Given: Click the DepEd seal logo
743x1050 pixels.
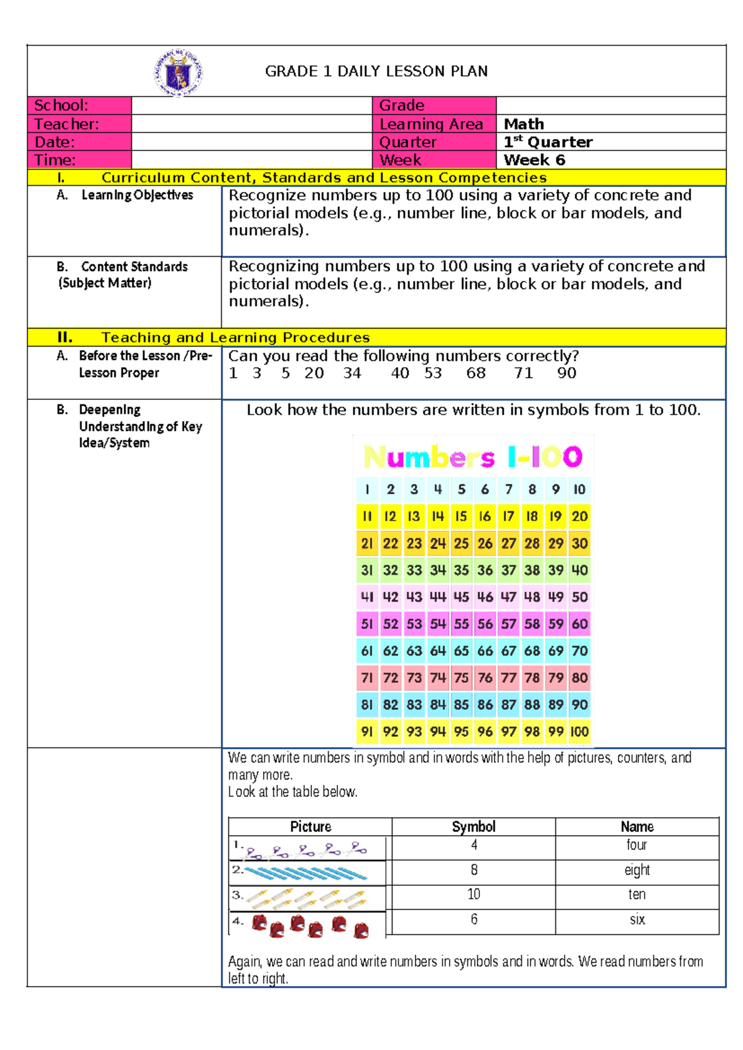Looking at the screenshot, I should point(178,73).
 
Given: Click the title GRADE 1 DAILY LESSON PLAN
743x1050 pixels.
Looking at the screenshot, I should point(376,71).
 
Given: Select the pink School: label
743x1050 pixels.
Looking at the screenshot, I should point(61,105).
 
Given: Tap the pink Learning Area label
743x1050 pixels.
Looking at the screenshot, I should point(431,124).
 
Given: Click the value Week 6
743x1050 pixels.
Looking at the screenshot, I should point(534,160).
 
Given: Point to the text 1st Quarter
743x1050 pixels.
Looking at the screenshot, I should point(547,142).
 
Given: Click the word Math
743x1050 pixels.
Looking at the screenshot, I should point(524,124).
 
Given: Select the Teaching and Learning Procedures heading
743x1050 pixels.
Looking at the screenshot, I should point(235,337).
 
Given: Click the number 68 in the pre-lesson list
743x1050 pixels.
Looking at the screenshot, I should point(476,373).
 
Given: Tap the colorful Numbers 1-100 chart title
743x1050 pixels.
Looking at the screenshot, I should point(473,457).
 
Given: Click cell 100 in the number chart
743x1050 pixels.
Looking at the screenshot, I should point(580,732).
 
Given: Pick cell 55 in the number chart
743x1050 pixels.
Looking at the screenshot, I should point(461,624).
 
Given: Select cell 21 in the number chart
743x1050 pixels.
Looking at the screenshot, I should point(367,544).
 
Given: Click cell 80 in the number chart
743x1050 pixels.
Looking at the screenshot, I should point(580,678).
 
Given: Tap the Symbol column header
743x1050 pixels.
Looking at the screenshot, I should point(473,827).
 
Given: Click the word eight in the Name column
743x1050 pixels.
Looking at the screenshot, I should point(637,870).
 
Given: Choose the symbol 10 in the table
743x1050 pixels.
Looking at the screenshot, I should point(473,895).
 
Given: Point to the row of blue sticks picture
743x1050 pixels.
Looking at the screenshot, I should point(306,873).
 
